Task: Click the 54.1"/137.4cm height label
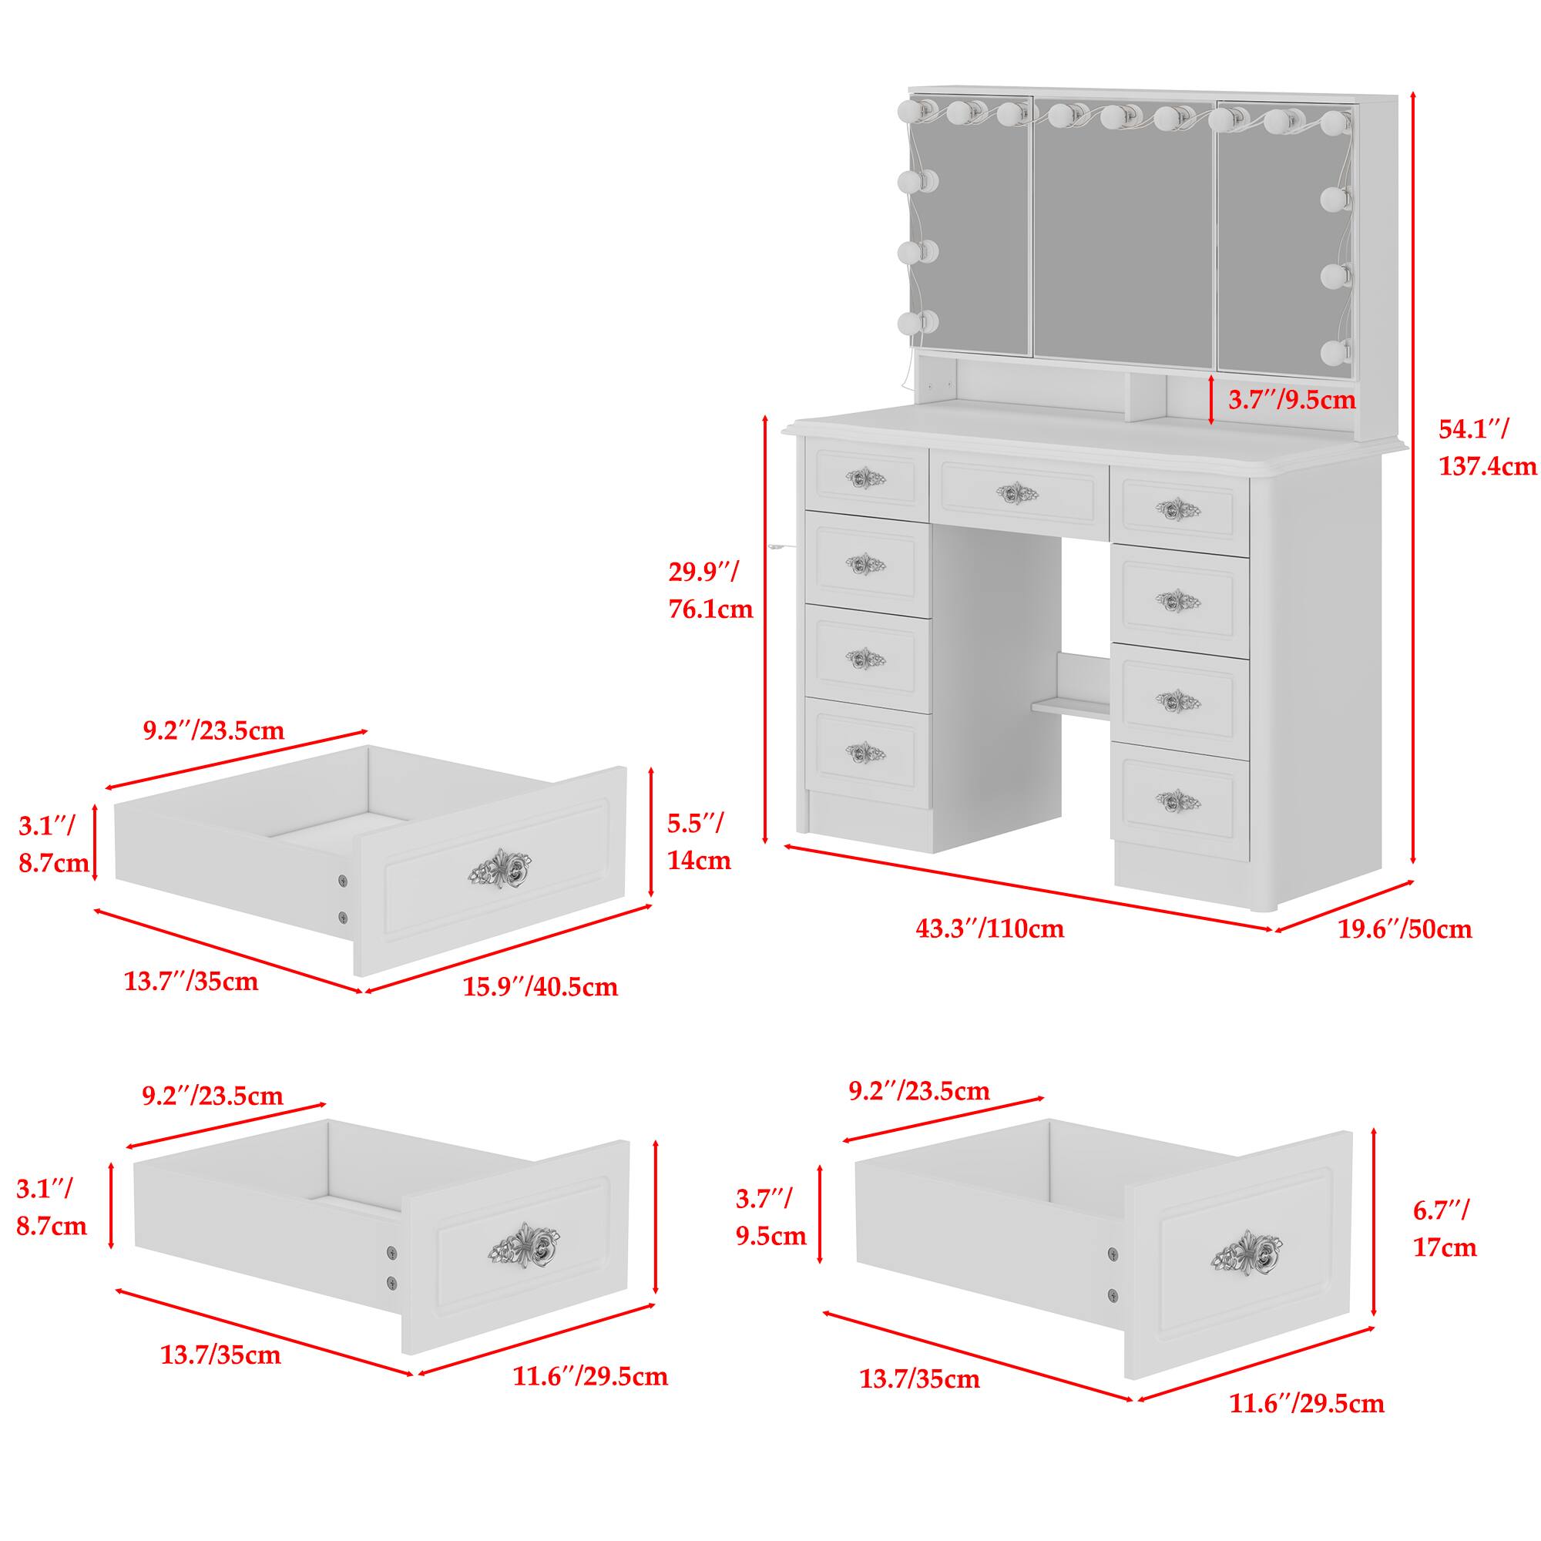(1487, 448)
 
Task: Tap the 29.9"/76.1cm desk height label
(710, 590)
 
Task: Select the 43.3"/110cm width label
(989, 928)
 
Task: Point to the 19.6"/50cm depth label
(1405, 929)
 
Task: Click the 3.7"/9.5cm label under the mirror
(1291, 400)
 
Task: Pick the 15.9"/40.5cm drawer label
(540, 988)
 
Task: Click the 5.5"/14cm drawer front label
(699, 841)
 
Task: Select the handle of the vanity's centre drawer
(1017, 494)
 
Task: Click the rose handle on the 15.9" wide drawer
(502, 869)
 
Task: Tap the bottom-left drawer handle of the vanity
(865, 753)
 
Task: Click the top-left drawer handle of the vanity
(865, 478)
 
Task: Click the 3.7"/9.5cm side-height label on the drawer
(770, 1217)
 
